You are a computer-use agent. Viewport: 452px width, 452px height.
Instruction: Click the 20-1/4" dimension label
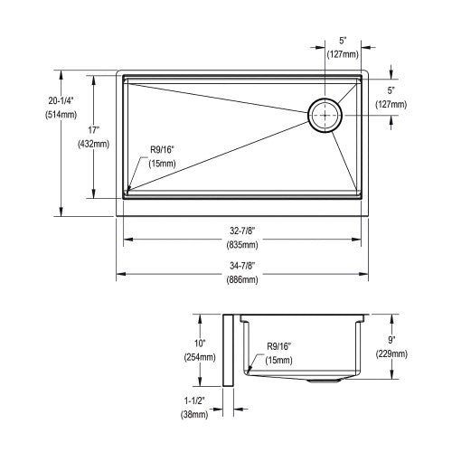(61, 100)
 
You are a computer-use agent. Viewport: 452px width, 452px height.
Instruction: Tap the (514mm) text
(61, 115)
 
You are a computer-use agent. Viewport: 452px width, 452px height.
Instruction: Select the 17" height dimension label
(94, 130)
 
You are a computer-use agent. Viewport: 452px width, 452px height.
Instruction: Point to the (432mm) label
(93, 145)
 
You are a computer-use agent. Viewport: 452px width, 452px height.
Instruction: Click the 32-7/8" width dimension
(242, 231)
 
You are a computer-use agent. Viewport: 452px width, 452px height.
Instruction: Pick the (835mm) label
(242, 245)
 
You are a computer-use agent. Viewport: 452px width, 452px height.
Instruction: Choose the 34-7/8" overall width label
(242, 266)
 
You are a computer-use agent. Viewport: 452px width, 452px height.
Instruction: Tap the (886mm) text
(242, 279)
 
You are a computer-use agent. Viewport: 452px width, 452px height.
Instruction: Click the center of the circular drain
(325, 115)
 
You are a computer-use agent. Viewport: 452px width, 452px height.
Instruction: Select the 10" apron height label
(200, 344)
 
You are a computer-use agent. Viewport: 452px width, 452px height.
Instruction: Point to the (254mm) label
(200, 357)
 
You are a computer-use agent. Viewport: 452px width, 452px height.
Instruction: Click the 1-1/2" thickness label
(194, 400)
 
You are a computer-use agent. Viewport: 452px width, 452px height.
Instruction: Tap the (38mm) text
(194, 415)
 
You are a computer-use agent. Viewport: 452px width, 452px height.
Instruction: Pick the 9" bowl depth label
(391, 340)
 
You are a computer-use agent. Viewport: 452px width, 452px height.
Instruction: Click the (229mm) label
(391, 354)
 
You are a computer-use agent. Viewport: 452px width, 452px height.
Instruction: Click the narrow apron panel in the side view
(228, 350)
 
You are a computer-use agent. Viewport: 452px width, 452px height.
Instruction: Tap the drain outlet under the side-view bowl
(324, 381)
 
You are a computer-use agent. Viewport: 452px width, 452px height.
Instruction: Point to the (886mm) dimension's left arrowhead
(120, 274)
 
